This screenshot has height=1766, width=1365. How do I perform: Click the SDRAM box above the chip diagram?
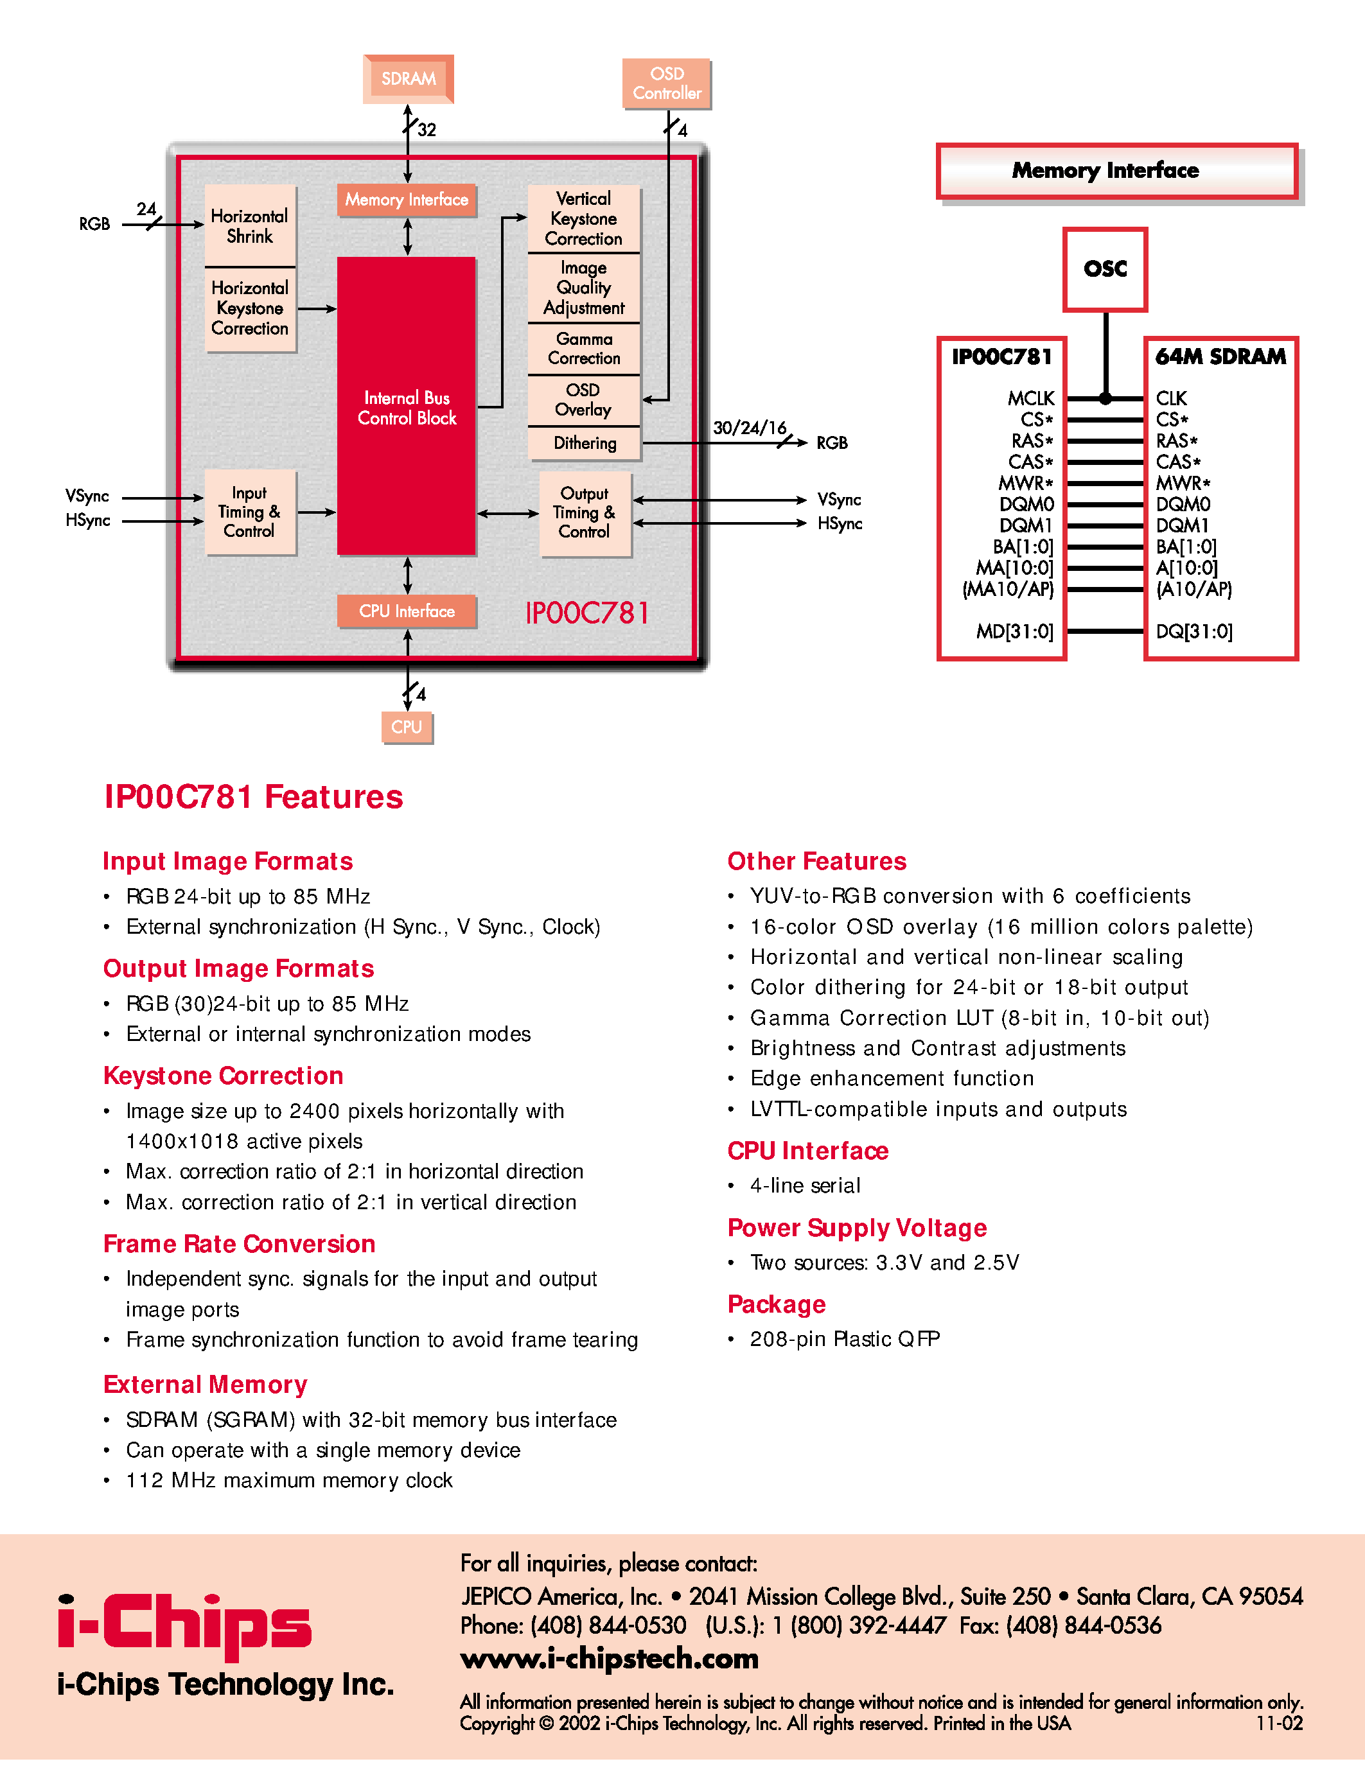409,79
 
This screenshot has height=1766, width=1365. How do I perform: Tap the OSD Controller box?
666,83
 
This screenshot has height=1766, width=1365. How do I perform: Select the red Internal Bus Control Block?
406,407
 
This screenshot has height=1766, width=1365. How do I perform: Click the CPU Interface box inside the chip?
406,611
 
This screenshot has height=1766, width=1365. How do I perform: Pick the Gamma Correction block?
584,349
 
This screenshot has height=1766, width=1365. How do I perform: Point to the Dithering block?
585,443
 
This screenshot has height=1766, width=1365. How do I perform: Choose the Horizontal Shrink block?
250,227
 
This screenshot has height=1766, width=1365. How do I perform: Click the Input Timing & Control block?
250,512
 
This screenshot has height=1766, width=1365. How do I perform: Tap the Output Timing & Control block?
585,512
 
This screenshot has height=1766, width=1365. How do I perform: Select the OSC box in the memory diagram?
1105,269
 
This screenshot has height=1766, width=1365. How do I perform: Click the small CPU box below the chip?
407,727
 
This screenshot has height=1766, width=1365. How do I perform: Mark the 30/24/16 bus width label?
749,428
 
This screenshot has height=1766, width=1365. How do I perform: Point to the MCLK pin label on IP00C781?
1030,398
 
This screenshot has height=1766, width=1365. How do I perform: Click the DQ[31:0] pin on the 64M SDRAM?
1193,631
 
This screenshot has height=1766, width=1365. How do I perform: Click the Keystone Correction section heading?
223,1076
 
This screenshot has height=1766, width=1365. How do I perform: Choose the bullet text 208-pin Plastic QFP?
844,1339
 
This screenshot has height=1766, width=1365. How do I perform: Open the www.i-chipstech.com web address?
609,1659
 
